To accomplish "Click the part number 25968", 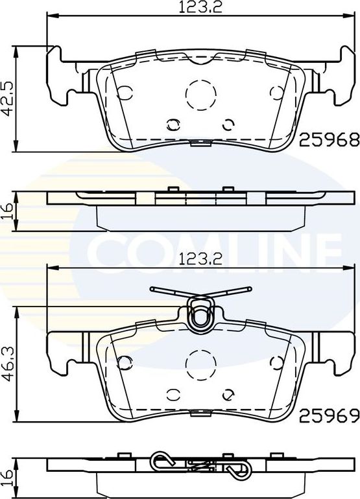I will (x=328, y=138).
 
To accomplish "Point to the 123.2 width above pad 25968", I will (x=197, y=8).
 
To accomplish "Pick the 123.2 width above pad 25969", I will (x=197, y=260).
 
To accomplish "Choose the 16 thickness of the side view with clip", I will (x=8, y=476).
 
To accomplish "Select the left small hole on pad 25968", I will (x=173, y=124).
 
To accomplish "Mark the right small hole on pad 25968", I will (x=228, y=124).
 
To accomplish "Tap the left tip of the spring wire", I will (x=152, y=289).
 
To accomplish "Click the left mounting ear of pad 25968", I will (x=60, y=75).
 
